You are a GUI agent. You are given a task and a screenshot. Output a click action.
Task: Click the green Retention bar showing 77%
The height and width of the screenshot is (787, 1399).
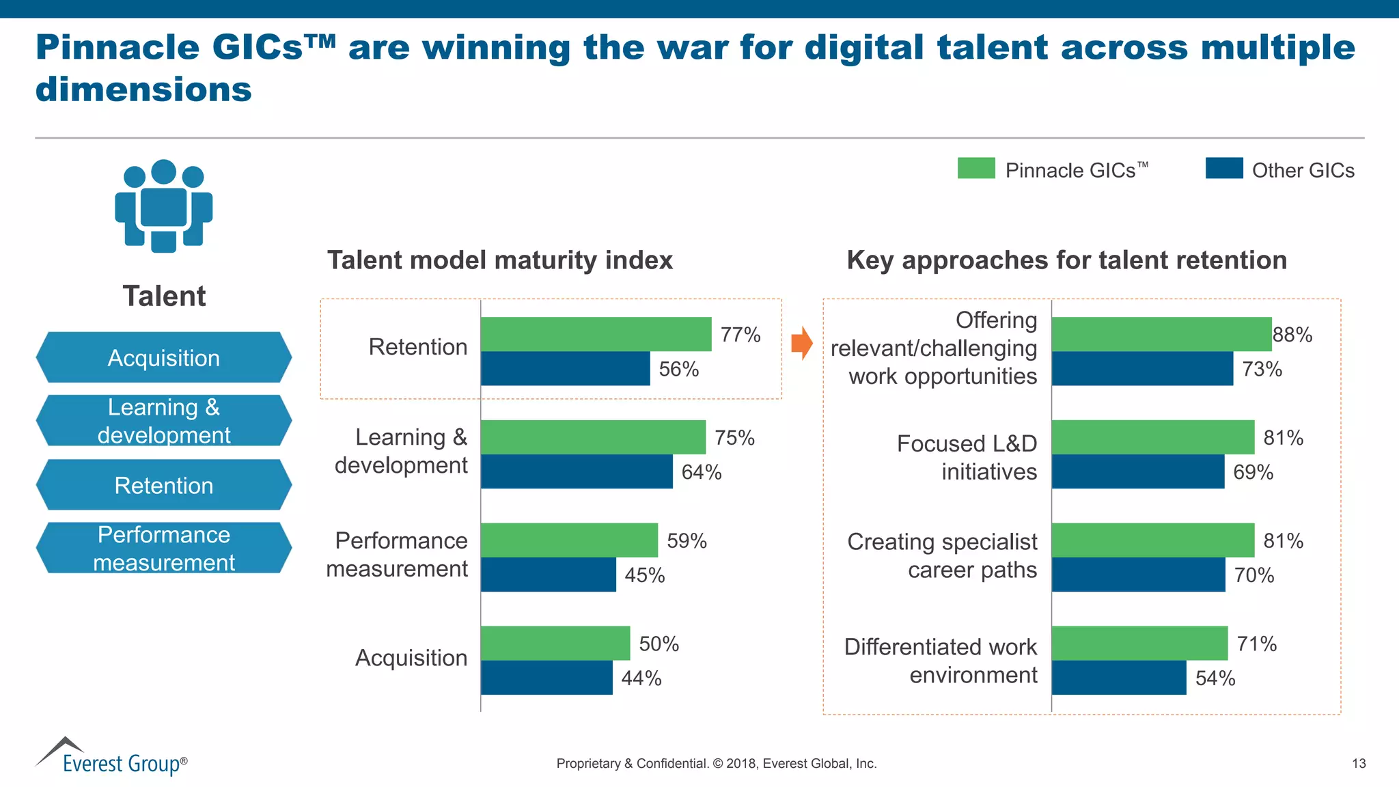click(596, 334)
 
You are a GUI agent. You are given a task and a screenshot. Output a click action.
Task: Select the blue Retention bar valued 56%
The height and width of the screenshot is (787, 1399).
click(565, 369)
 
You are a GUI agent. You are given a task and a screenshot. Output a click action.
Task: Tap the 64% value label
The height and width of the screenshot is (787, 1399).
click(702, 472)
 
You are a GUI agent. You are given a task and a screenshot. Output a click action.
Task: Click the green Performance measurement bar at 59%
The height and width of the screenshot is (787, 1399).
click(569, 540)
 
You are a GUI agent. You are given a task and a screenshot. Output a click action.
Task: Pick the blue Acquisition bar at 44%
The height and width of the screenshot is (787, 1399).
click(546, 678)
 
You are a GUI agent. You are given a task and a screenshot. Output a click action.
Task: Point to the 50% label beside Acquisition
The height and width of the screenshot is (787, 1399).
click(659, 644)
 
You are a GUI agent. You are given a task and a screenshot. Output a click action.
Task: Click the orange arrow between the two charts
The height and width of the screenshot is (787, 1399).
click(802, 343)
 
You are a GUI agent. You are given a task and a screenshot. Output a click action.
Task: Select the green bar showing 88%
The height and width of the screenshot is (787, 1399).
click(1161, 334)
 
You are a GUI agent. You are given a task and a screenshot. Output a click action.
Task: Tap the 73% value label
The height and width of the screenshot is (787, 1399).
click(1262, 369)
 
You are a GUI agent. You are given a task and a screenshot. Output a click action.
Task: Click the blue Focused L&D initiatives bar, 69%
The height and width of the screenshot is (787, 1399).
click(1138, 472)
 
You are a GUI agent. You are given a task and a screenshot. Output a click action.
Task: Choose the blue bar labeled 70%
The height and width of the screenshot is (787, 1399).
click(1138, 575)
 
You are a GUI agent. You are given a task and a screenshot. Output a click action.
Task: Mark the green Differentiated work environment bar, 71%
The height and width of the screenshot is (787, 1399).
click(1139, 644)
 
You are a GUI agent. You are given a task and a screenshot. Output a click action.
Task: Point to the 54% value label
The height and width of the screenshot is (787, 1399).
click(1215, 678)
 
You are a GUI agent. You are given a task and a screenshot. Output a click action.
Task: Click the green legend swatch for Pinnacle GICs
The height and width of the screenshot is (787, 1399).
click(976, 168)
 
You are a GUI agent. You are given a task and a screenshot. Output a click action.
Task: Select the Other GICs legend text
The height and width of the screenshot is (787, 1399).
click(1303, 170)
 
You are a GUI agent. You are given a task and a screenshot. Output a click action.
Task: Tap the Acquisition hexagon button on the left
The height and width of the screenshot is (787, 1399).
click(164, 358)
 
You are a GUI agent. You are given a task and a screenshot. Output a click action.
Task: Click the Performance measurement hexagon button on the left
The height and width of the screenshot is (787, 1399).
click(164, 548)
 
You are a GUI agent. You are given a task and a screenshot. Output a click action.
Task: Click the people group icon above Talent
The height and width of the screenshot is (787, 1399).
click(164, 206)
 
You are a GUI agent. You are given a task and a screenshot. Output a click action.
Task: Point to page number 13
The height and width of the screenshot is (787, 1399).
click(1359, 764)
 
